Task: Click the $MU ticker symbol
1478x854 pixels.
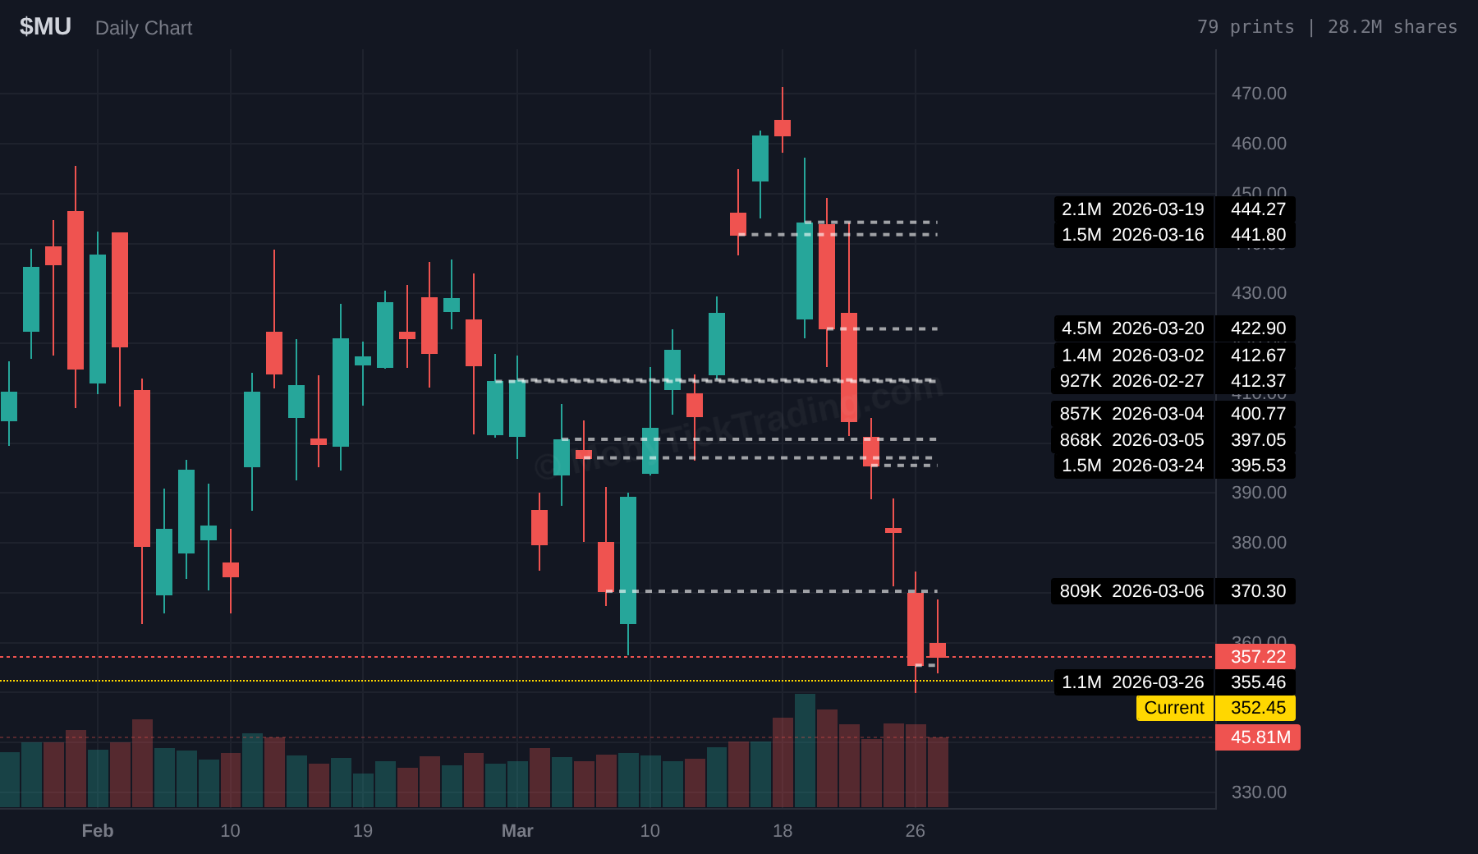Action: click(x=45, y=27)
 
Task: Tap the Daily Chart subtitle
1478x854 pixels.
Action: click(x=144, y=28)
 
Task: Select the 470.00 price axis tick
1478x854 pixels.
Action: click(x=1258, y=94)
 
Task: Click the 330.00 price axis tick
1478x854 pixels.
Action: click(x=1258, y=792)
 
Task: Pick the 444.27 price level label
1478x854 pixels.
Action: click(x=1257, y=209)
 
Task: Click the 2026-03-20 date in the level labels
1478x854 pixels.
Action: click(x=1157, y=328)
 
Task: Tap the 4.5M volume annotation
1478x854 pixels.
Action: click(x=1081, y=328)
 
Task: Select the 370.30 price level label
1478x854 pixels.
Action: click(x=1257, y=591)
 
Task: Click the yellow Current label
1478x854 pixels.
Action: click(x=1173, y=708)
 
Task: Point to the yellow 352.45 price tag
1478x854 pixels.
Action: click(x=1257, y=708)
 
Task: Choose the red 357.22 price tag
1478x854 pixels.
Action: click(x=1257, y=657)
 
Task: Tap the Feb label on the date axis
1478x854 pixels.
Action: click(x=98, y=831)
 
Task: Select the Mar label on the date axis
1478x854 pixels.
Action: click(x=517, y=831)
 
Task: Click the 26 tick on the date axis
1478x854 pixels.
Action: click(x=915, y=831)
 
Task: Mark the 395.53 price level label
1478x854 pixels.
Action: click(x=1257, y=466)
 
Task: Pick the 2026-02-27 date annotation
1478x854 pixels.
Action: click(x=1157, y=381)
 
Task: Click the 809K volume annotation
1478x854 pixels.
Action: click(x=1080, y=591)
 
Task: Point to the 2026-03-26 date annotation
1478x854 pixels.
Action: click(x=1157, y=682)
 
